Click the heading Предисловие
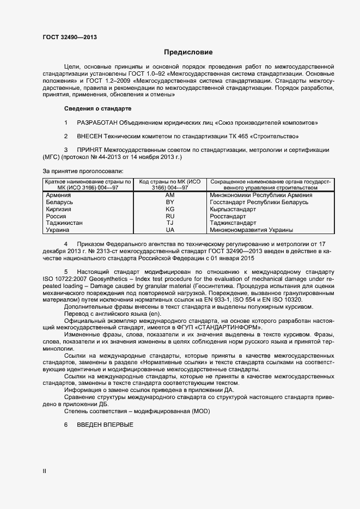[188, 52]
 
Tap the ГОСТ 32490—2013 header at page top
[70, 38]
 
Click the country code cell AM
[170, 195]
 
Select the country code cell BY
[170, 202]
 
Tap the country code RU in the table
[170, 216]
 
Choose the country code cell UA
[170, 230]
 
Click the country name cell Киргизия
[60, 209]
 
